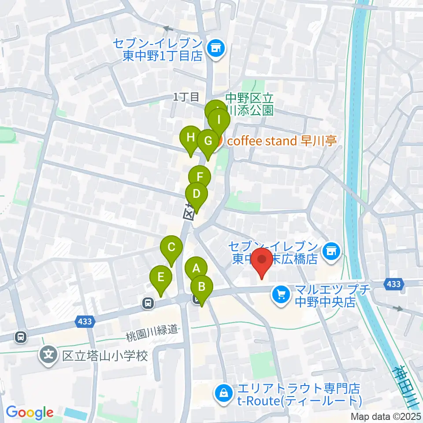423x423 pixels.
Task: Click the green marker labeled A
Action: (196, 267)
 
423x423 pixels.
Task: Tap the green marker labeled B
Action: (202, 286)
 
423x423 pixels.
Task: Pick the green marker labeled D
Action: (197, 193)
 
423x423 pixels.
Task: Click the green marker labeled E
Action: (161, 277)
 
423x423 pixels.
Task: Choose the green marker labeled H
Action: (190, 137)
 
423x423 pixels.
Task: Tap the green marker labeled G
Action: (208, 141)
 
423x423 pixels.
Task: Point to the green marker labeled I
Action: (219, 119)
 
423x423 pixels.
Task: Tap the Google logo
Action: (30, 412)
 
